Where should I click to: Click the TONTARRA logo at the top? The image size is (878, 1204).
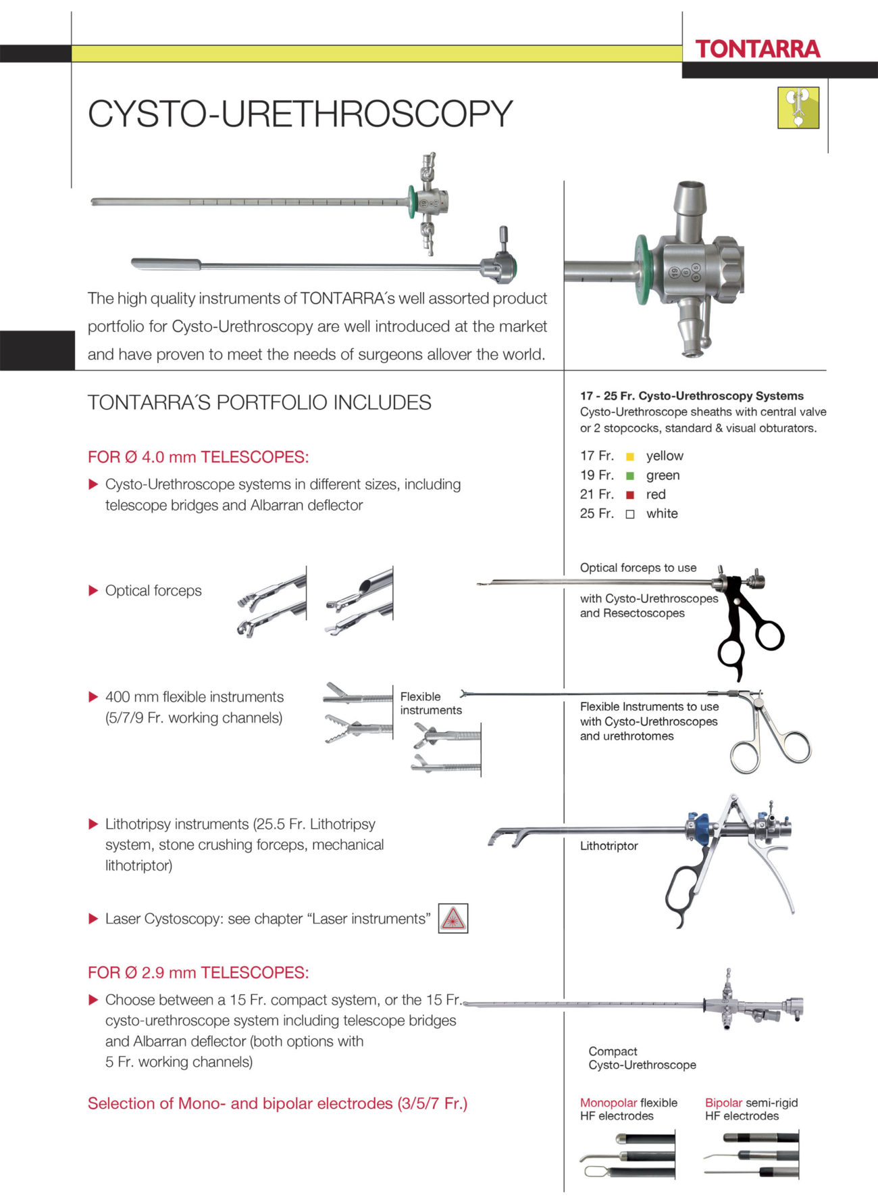pos(757,49)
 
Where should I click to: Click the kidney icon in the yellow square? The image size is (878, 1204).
pos(798,107)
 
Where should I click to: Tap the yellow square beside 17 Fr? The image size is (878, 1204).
pos(630,457)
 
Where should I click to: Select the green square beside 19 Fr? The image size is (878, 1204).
pos(630,476)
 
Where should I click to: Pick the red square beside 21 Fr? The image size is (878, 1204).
pos(630,495)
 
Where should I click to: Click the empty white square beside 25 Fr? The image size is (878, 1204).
pos(630,514)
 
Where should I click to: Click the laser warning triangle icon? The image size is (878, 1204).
pos(453,919)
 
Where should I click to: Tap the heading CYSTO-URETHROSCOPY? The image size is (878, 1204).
pos(300,114)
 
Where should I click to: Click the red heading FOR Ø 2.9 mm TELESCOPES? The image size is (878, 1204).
pos(198,973)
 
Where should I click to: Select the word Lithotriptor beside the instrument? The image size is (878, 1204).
pos(609,846)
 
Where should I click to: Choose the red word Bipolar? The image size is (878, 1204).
pos(723,1103)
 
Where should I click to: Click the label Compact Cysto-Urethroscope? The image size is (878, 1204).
pos(642,1058)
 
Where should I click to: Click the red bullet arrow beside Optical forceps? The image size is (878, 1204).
pos(94,591)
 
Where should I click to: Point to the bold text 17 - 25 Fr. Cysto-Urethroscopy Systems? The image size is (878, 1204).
pos(692,396)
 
